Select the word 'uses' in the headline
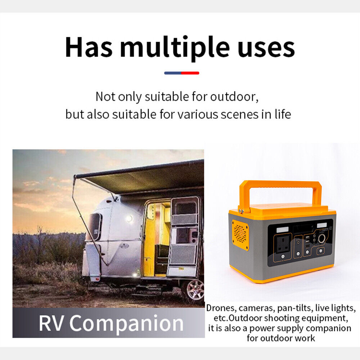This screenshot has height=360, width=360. click(x=266, y=49)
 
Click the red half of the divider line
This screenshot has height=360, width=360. click(x=190, y=73)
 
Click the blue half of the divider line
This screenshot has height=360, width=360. click(x=173, y=73)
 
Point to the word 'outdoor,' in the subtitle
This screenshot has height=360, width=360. click(x=234, y=96)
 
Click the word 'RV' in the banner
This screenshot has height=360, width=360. click(x=51, y=323)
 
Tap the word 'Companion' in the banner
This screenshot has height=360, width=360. click(x=126, y=324)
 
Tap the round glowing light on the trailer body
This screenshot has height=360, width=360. click(x=130, y=219)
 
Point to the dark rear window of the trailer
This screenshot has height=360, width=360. click(x=95, y=226)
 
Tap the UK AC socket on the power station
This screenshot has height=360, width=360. click(x=283, y=244)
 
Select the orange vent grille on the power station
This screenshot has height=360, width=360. click(x=240, y=235)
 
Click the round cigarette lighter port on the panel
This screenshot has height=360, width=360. click(x=321, y=239)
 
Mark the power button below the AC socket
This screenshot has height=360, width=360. click(x=283, y=256)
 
